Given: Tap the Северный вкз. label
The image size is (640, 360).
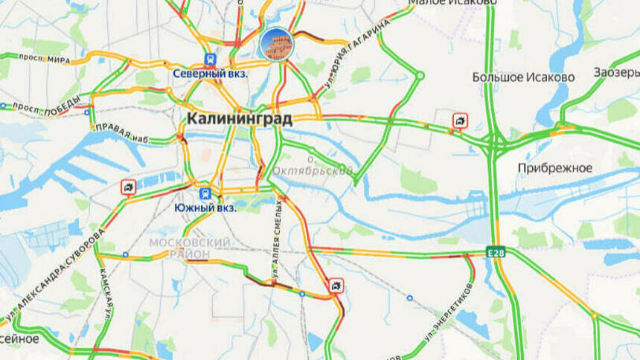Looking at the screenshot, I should click(x=211, y=74).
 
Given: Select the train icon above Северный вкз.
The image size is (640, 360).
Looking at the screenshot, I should click(x=211, y=60).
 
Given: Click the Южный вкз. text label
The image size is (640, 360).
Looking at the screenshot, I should click(x=205, y=208).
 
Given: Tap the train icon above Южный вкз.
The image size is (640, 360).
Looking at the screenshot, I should click(x=205, y=193).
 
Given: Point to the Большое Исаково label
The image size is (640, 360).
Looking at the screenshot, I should click(x=523, y=77).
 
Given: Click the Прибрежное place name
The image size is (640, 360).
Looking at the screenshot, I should click(x=555, y=168).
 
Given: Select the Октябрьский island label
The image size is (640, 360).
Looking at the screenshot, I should click(x=313, y=170).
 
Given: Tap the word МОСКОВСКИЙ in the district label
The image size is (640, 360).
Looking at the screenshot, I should click(x=189, y=243).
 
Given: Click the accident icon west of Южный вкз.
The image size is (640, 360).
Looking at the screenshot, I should click(x=129, y=187).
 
